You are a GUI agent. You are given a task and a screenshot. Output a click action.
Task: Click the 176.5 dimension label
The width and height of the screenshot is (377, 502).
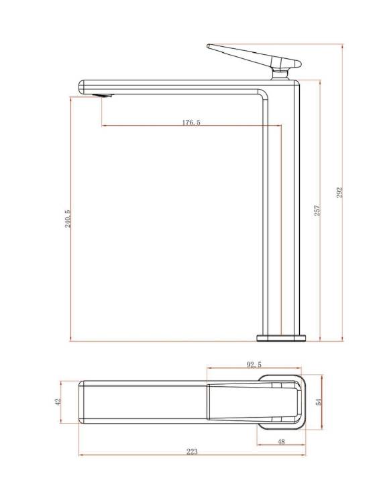tap(191, 122)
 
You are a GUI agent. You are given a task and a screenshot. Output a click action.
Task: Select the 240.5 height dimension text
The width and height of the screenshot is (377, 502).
tap(68, 219)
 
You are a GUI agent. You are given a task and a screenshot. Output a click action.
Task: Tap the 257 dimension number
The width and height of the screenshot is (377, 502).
tap(317, 210)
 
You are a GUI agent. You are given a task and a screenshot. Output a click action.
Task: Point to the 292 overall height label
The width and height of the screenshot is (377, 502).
tap(339, 192)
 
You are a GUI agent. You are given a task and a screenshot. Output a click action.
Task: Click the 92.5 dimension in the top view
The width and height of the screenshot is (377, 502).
tap(254, 364)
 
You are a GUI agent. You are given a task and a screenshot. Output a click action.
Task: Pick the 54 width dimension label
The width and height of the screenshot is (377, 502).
tap(319, 402)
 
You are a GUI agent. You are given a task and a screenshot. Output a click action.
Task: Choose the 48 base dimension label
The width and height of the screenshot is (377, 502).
tap(281, 442)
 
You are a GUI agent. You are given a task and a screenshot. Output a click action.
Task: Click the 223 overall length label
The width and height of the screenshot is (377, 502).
tap(193, 451)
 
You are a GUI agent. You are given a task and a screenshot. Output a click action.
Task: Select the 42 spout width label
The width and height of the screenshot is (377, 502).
tap(58, 402)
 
